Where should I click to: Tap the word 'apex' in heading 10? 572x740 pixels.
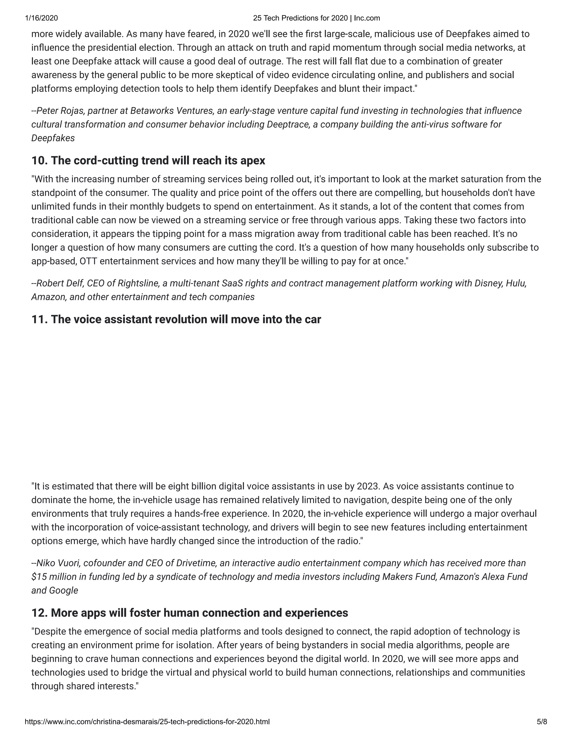pos(252,161)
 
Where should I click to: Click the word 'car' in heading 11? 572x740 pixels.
pos(313,319)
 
